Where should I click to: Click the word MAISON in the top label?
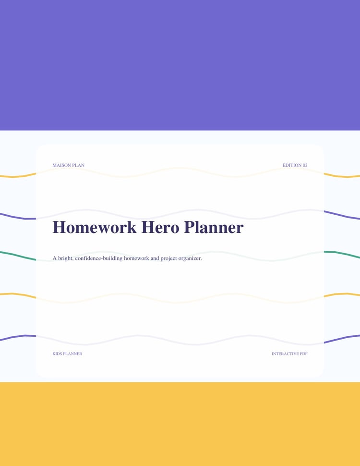[62, 165]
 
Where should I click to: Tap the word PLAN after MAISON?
[78, 165]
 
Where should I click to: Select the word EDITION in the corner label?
[292, 165]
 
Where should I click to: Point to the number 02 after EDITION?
[305, 165]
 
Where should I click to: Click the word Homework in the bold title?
[95, 227]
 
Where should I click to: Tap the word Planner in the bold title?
[214, 227]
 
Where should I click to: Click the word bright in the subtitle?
[65, 258]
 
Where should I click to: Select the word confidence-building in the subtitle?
[98, 258]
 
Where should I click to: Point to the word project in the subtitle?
[168, 258]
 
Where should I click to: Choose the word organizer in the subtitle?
[190, 258]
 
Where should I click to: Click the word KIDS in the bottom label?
[57, 354]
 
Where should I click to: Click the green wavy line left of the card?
[18, 256]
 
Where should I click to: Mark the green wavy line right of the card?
[342, 254]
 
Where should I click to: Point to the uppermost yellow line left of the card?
[18, 176]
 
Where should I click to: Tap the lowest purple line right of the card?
[342, 339]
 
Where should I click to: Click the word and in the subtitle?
[155, 258]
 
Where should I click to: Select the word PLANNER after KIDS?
[72, 354]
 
